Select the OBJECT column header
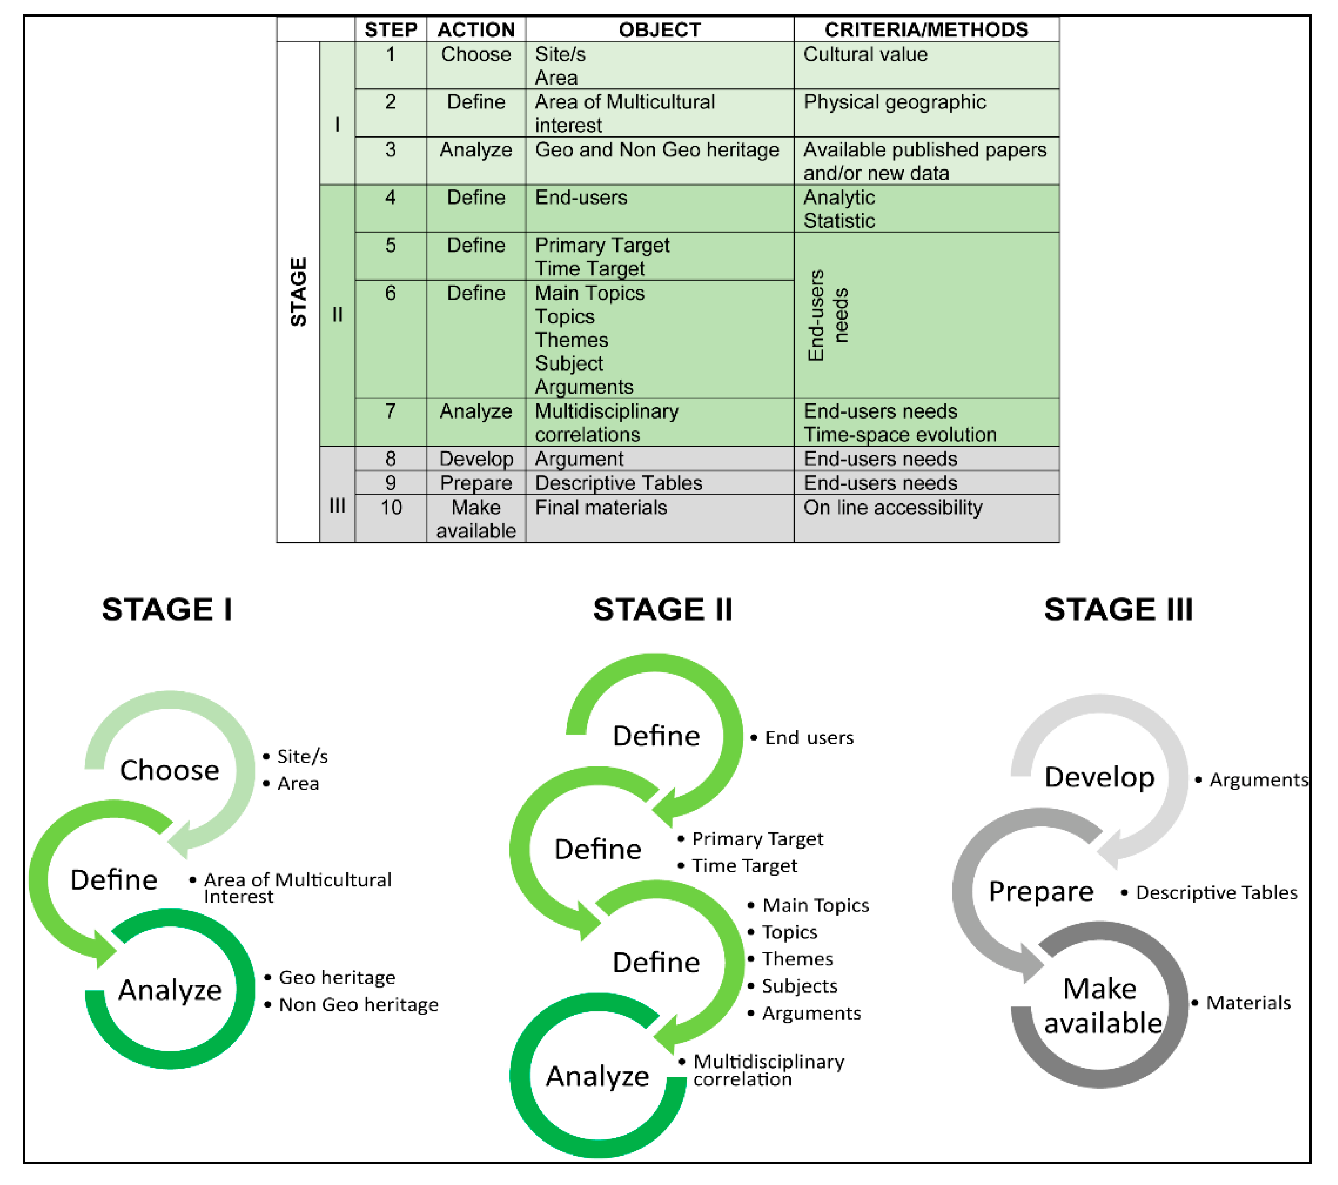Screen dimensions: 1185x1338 (x=659, y=29)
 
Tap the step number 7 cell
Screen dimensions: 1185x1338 (x=390, y=411)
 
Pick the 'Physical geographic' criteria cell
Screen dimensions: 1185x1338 (x=894, y=102)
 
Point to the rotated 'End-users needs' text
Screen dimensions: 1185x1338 (x=828, y=315)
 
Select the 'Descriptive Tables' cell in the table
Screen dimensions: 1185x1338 (x=618, y=483)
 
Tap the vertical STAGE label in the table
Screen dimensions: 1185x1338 (x=298, y=292)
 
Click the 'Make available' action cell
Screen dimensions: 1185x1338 (x=476, y=519)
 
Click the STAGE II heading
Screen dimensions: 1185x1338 (x=662, y=609)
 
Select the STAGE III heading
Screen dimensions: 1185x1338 (x=1118, y=609)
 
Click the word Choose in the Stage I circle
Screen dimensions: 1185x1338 (x=169, y=770)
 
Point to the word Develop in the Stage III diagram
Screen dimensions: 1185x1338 (x=1099, y=777)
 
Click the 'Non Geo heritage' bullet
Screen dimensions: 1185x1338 (x=358, y=1005)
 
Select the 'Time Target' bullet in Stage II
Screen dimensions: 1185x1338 (x=744, y=866)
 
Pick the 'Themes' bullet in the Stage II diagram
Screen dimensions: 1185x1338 (x=797, y=959)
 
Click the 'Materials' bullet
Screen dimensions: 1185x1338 (x=1248, y=1003)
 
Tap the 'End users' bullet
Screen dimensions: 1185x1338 (x=809, y=738)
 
